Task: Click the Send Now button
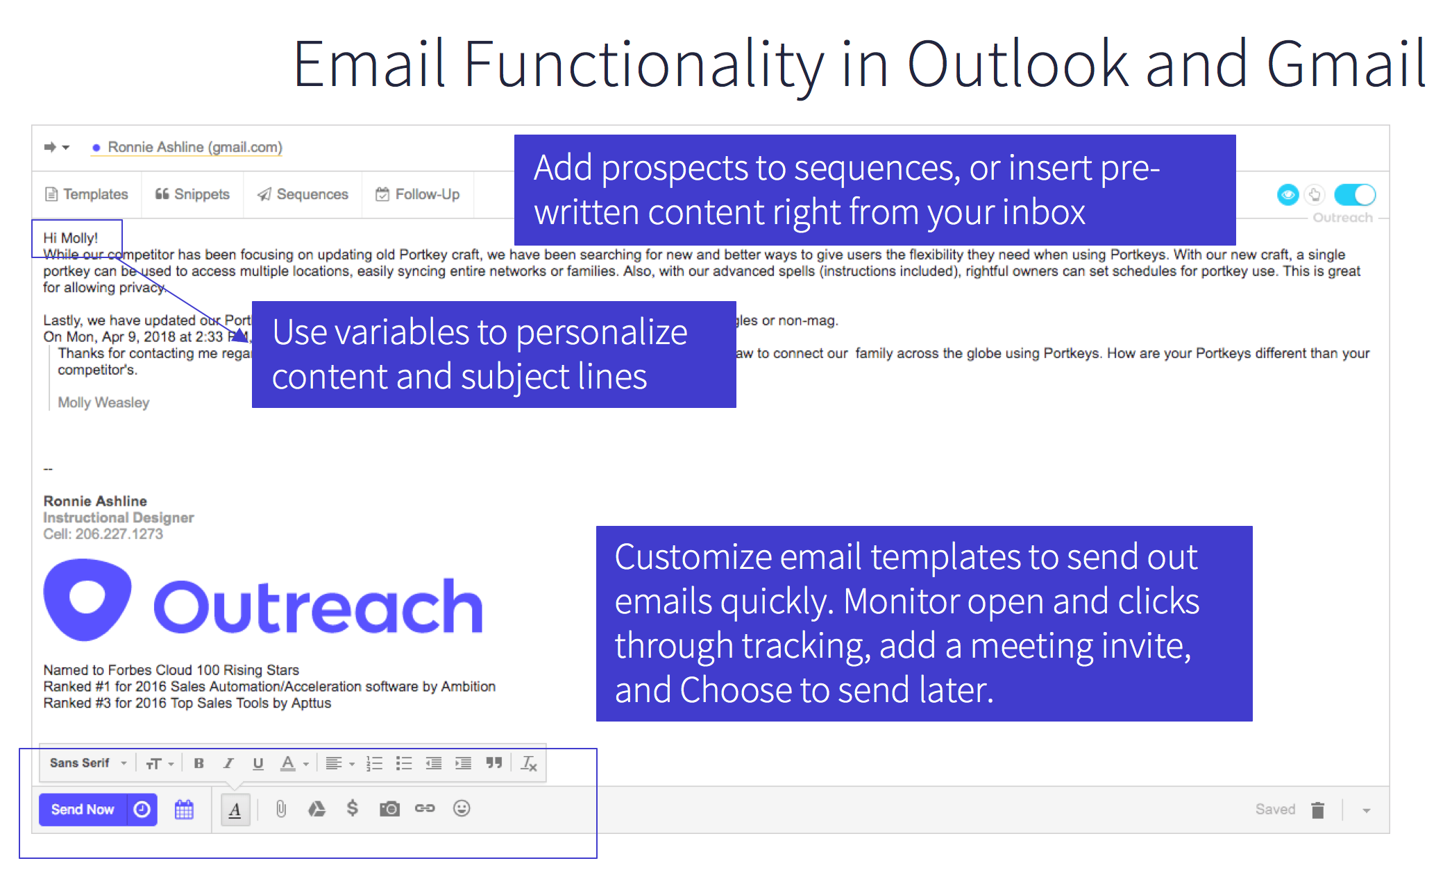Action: pyautogui.click(x=83, y=810)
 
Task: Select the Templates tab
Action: pyautogui.click(x=87, y=194)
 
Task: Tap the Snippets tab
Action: pyautogui.click(x=192, y=194)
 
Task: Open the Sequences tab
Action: pyautogui.click(x=303, y=194)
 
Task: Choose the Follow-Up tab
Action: pyautogui.click(x=418, y=194)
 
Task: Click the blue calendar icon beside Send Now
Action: pyautogui.click(x=184, y=810)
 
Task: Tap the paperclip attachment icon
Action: pyautogui.click(x=281, y=809)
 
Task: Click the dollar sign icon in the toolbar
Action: pyautogui.click(x=353, y=808)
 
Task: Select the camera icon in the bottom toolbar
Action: pyautogui.click(x=389, y=809)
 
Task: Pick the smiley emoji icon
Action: pyautogui.click(x=462, y=808)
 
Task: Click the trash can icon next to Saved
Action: pyautogui.click(x=1317, y=810)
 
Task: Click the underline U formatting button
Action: pyautogui.click(x=258, y=764)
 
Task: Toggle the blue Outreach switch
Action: pyautogui.click(x=1354, y=195)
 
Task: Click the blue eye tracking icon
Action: pyautogui.click(x=1288, y=195)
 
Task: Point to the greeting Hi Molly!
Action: pyautogui.click(x=71, y=238)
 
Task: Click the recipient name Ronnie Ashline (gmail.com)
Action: pyautogui.click(x=194, y=147)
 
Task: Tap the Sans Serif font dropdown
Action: pyautogui.click(x=87, y=763)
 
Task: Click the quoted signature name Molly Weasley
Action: pyautogui.click(x=103, y=402)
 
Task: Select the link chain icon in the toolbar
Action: pyautogui.click(x=425, y=808)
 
